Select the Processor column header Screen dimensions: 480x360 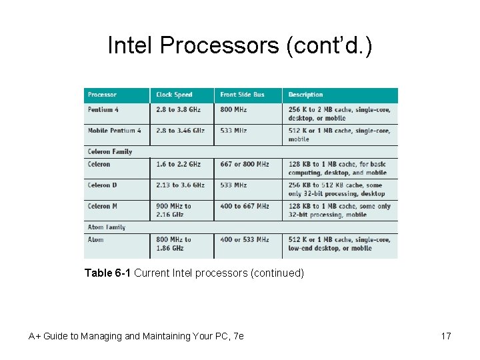click(102, 95)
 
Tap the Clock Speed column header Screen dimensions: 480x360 click(174, 95)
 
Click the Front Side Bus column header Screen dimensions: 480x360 click(242, 95)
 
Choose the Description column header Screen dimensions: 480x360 click(305, 95)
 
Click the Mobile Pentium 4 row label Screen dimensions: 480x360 click(115, 131)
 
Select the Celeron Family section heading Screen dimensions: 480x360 click(110, 152)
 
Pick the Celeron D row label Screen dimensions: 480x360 click(103, 185)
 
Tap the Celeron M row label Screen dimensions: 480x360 click(103, 206)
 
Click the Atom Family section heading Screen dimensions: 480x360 click(107, 227)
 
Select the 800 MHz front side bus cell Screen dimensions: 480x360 click(233, 109)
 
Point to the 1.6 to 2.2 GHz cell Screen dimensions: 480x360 click(178, 164)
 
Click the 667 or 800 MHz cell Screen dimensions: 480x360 click(244, 164)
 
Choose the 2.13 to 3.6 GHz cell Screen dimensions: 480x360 click(180, 185)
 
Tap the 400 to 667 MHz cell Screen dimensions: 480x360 click(244, 206)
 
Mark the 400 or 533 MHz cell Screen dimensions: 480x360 click(244, 239)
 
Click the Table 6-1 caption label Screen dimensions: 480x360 click(108, 273)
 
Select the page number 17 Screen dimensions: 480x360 click(446, 336)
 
